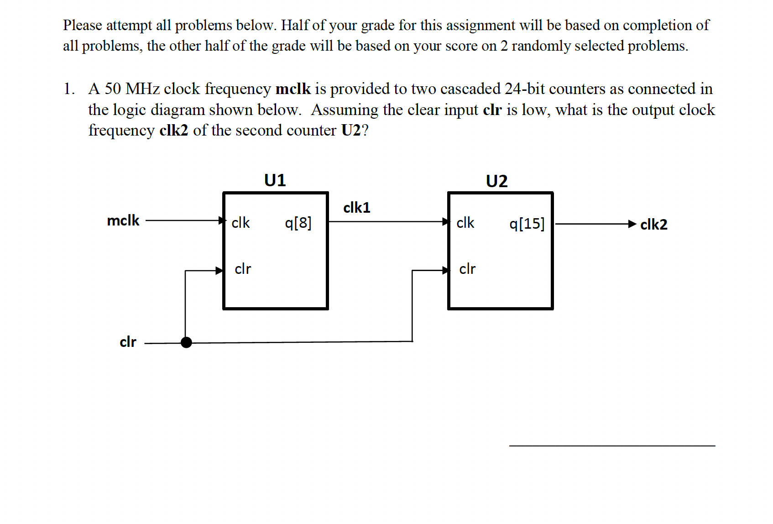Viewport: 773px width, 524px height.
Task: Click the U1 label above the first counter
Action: click(x=275, y=180)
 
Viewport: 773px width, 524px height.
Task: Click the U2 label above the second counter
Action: click(x=496, y=181)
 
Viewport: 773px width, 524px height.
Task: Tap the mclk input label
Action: click(x=123, y=220)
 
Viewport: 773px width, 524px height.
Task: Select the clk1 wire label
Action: click(x=356, y=208)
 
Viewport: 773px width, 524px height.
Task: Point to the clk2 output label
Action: click(x=653, y=225)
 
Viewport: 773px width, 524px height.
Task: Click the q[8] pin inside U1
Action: click(x=298, y=223)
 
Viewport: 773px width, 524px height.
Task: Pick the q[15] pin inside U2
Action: click(x=527, y=223)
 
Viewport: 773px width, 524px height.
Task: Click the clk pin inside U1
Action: click(x=240, y=223)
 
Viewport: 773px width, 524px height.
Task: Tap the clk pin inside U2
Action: click(x=465, y=223)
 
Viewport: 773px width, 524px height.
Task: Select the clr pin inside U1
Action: click(x=243, y=269)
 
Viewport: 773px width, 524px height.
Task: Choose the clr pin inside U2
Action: click(x=467, y=269)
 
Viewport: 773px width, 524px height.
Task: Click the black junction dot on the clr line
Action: click(x=186, y=342)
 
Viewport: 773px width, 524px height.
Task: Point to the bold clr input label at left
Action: click(x=128, y=342)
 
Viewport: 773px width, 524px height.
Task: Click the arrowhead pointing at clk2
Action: click(x=632, y=224)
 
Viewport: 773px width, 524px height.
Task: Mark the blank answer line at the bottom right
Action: click(x=611, y=445)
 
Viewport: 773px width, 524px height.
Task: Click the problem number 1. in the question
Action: click(x=69, y=89)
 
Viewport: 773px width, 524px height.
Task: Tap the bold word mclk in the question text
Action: click(x=293, y=89)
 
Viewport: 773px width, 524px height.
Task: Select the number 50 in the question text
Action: click(x=113, y=89)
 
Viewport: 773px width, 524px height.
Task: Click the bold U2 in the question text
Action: click(x=351, y=131)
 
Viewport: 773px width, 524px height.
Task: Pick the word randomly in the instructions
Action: click(x=540, y=46)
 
